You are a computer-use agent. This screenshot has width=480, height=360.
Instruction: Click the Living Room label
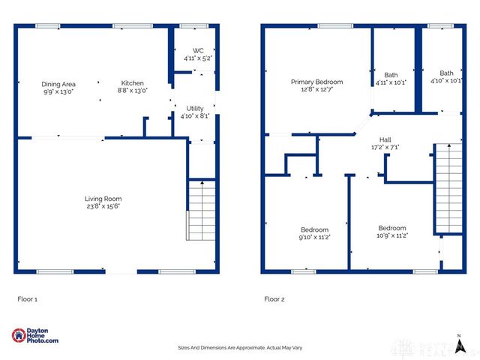[103, 199]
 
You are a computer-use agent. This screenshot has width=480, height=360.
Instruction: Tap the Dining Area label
[58, 83]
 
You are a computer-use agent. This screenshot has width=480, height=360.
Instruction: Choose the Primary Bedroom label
[317, 82]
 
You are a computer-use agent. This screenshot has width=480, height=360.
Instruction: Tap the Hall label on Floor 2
[385, 139]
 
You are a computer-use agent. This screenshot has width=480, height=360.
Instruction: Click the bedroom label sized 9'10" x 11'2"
[314, 229]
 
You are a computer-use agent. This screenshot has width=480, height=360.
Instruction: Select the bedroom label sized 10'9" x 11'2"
[391, 228]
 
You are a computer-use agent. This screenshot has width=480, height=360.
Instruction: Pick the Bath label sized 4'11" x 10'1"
[391, 74]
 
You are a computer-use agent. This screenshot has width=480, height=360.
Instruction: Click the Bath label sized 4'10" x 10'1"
[446, 73]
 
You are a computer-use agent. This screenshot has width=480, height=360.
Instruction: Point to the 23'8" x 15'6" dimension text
[103, 206]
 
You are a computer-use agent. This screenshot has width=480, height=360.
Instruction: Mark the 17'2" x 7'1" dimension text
[385, 148]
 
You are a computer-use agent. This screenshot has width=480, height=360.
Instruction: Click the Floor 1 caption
[27, 298]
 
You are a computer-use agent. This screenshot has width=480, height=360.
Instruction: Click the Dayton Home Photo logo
[35, 336]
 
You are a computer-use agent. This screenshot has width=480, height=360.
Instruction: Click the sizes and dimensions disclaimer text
[240, 348]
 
